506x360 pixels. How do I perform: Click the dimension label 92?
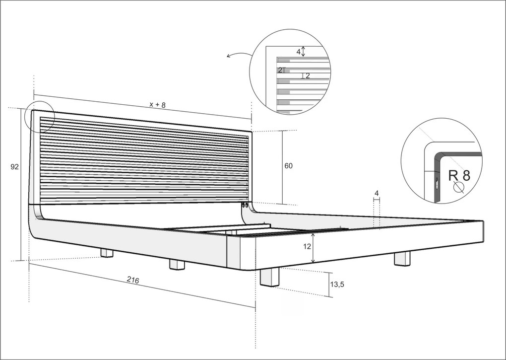14,167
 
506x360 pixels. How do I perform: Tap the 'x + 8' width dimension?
157,105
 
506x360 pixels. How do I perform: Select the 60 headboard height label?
289,166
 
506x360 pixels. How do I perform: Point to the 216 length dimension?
133,280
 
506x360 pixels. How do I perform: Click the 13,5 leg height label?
337,285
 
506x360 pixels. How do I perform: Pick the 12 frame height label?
307,246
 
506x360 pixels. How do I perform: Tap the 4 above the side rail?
377,193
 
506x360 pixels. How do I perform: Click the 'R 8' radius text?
459,175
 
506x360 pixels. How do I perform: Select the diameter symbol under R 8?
458,187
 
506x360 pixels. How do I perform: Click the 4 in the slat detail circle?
299,51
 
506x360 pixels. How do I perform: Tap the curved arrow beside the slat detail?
239,55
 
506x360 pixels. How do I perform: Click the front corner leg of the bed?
270,277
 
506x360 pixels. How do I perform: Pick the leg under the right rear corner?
402,259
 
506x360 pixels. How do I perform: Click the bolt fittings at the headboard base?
245,205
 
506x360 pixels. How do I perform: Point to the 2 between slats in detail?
308,76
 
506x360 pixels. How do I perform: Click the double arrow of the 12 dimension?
313,248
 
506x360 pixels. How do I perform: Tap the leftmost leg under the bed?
107,253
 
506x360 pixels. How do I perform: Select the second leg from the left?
177,265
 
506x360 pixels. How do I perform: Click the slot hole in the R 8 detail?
437,184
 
